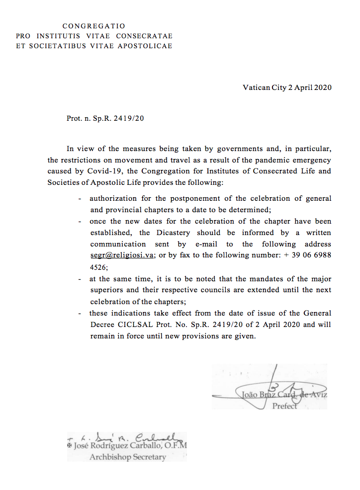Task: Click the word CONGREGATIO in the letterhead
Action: coord(93,26)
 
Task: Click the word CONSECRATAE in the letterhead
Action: coord(144,36)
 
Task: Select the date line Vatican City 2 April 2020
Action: coord(287,88)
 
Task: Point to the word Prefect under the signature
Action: coord(285,406)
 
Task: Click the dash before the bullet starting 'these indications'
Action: coord(80,314)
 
